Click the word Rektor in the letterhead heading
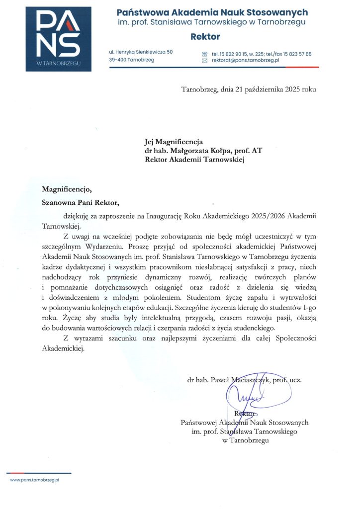coord(205,37)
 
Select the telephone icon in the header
coord(204,53)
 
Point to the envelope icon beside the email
coord(204,60)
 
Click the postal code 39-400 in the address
coord(119,60)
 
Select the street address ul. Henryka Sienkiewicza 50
coord(141,52)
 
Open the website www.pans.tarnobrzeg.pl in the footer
coord(35,481)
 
